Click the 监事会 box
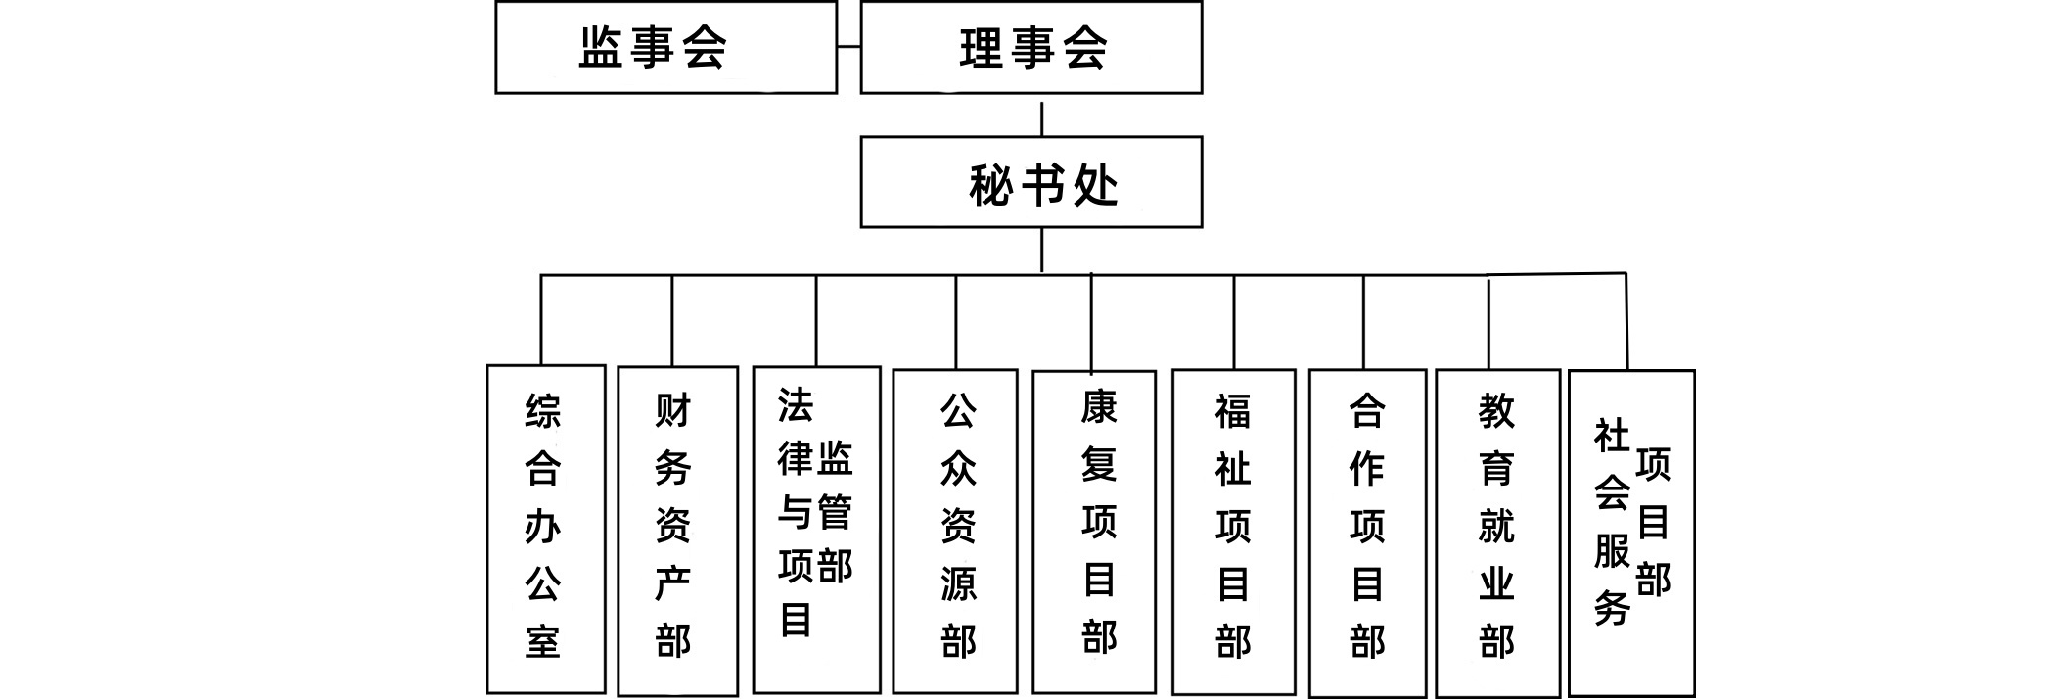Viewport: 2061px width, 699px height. (665, 47)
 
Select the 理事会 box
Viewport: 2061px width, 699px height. (1030, 47)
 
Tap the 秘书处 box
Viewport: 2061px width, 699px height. (1030, 182)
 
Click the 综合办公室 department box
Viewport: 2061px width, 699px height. (545, 529)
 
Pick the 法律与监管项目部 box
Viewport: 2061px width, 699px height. (816, 529)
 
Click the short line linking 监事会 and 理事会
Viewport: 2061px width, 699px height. (848, 47)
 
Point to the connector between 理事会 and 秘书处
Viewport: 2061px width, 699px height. (1041, 116)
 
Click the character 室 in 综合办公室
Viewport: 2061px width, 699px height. (543, 642)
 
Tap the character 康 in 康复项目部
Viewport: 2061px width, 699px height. (1099, 407)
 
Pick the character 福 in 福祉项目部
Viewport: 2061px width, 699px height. (1233, 411)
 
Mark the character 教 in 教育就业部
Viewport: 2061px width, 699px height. (1496, 411)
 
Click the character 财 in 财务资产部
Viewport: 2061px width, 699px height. (673, 411)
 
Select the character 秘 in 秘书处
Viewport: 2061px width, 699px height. (989, 185)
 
